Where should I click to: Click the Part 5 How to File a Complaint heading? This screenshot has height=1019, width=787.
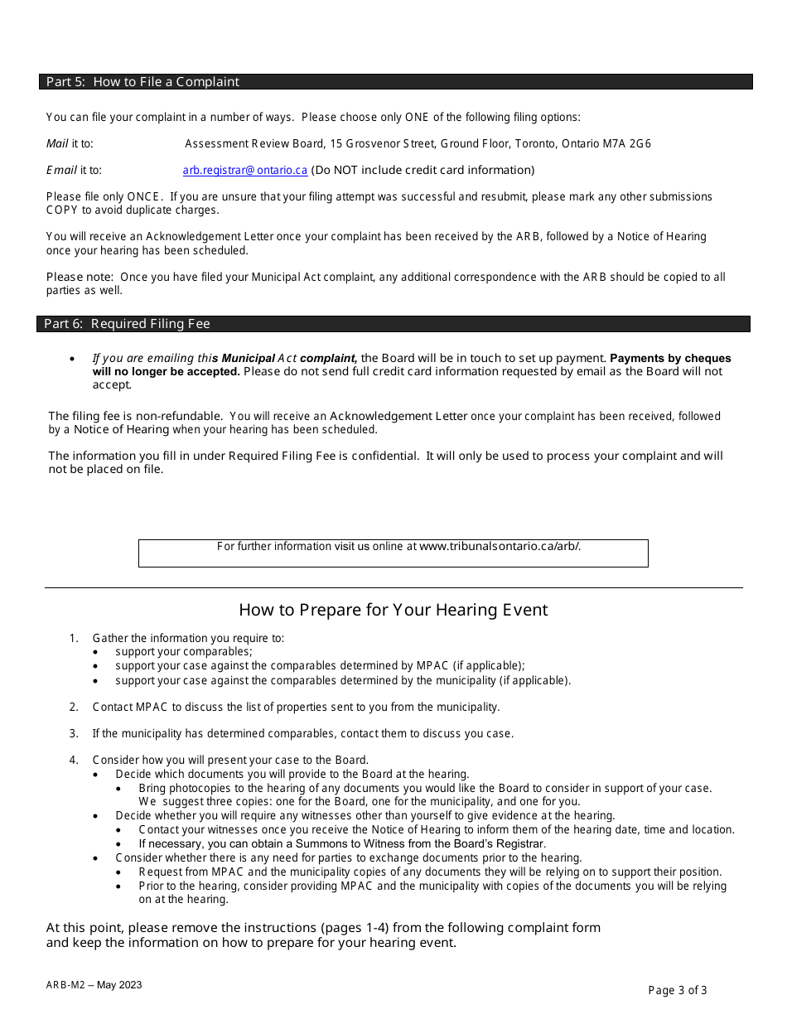[142, 82]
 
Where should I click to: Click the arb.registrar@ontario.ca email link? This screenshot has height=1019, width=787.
[245, 170]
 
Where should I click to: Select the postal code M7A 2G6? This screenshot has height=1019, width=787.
[631, 143]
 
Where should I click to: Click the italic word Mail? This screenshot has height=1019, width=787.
[57, 143]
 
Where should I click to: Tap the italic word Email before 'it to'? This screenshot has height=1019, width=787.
[61, 170]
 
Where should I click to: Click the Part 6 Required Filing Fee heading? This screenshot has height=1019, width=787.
[127, 324]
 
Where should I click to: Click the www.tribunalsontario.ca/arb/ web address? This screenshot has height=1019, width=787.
[500, 546]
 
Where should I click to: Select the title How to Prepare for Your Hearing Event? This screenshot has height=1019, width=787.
[393, 610]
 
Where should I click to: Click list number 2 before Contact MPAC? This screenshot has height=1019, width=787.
[74, 707]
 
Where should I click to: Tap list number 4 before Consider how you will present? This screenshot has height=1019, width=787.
[74, 760]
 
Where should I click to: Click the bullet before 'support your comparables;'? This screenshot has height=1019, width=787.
[97, 652]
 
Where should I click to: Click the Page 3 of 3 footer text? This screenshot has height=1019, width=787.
[677, 990]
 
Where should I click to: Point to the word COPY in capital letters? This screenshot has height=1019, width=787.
[62, 210]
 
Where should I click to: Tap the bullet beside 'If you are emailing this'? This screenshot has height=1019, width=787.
[74, 359]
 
